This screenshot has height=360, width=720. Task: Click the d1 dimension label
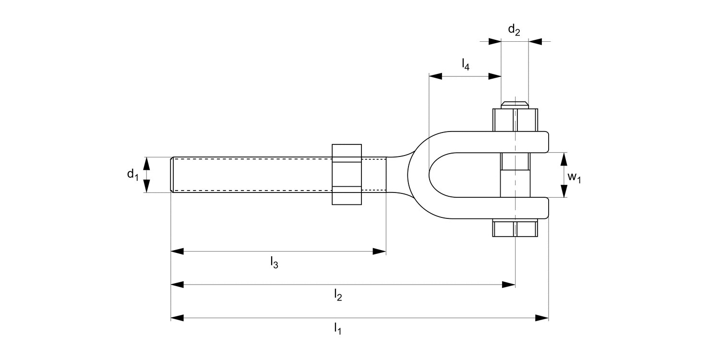coord(132,175)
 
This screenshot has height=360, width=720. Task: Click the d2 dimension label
coord(514,30)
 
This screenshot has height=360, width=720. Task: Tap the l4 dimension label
coord(465,64)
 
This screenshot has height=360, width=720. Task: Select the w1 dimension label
coord(574,177)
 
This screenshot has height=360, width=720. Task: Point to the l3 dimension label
coord(274,262)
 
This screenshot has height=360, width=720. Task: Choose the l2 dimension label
coord(338,296)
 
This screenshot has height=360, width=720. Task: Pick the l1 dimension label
coord(338,329)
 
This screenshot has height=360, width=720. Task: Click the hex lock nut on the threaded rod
coord(347,174)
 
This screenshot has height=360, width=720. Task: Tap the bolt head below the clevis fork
coord(515,228)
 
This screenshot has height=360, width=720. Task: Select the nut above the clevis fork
coord(515,120)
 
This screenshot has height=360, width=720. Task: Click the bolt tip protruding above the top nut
coord(515,104)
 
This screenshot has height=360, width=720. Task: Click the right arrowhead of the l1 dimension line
coord(542,318)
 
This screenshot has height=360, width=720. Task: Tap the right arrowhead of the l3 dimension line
coord(380,251)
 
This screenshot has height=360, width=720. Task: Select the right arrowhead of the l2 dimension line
coord(509,285)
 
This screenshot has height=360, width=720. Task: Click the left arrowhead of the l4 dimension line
coord(435,76)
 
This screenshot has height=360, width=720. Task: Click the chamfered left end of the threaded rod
coord(172,175)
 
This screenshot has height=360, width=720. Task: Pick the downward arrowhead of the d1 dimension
coord(147,186)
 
